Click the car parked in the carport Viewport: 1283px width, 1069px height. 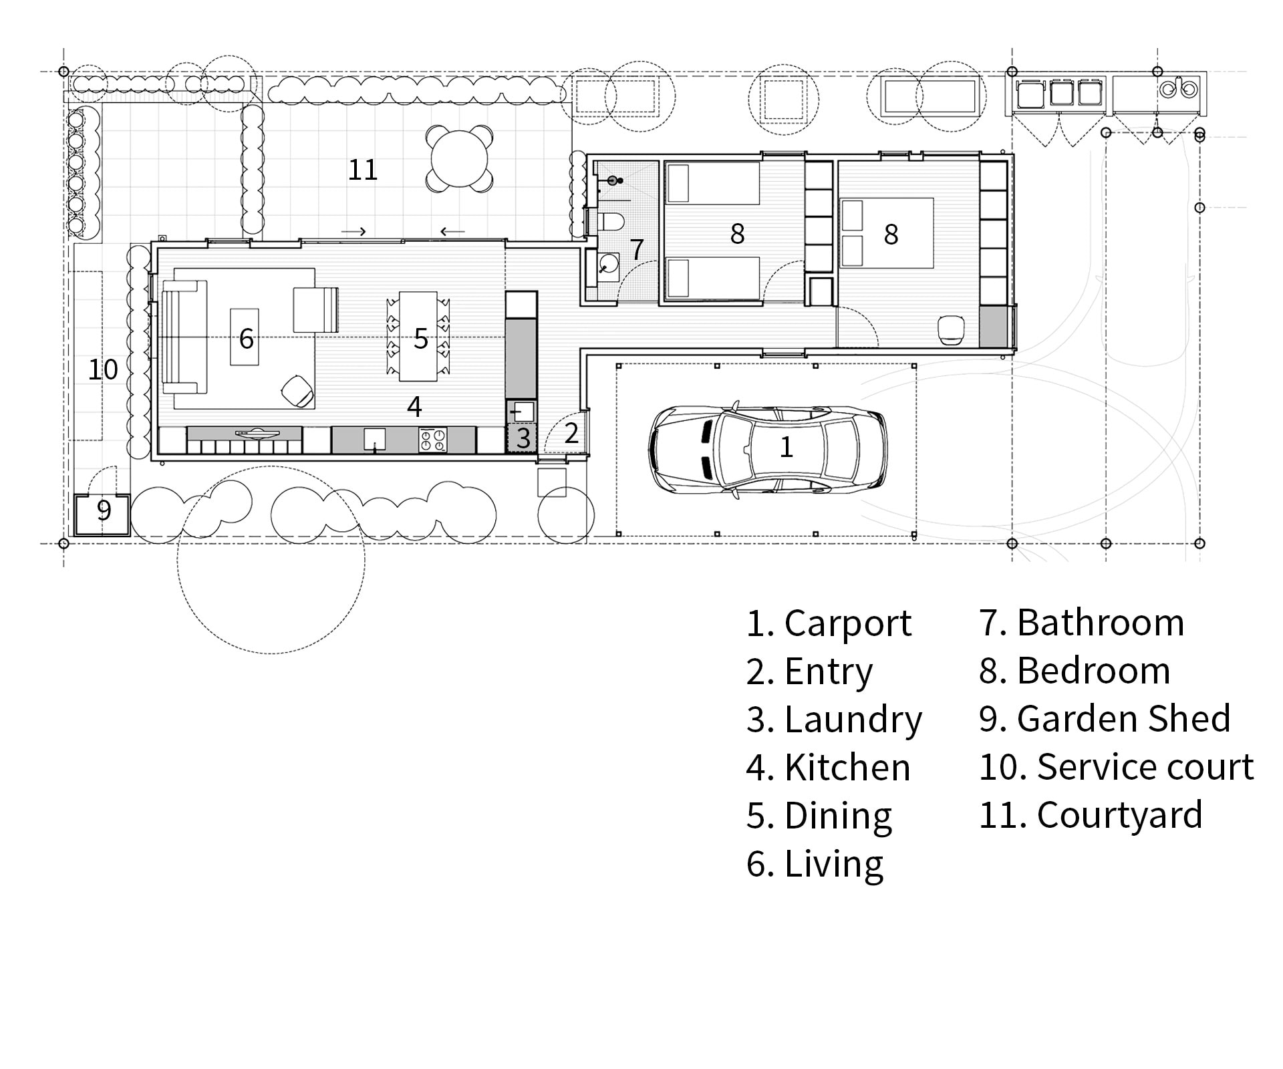click(x=768, y=447)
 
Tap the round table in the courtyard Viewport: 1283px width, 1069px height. click(x=460, y=159)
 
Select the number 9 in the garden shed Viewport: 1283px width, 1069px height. click(x=104, y=510)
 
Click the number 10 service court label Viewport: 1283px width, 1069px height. click(x=103, y=369)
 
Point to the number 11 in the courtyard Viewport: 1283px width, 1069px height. click(x=363, y=170)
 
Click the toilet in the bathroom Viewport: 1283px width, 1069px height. click(x=611, y=221)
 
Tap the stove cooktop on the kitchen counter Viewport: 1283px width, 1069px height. click(x=432, y=440)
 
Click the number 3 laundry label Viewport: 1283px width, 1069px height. click(x=523, y=438)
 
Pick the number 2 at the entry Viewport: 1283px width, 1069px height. click(x=571, y=433)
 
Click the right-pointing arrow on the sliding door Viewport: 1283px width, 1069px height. click(x=353, y=232)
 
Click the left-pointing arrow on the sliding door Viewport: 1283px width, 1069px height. click(x=452, y=232)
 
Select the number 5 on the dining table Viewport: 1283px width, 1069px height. click(x=420, y=339)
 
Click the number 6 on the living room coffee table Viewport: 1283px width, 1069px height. click(x=247, y=338)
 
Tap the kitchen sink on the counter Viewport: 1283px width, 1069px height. click(x=375, y=439)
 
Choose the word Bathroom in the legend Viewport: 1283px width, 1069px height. click(x=1100, y=623)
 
